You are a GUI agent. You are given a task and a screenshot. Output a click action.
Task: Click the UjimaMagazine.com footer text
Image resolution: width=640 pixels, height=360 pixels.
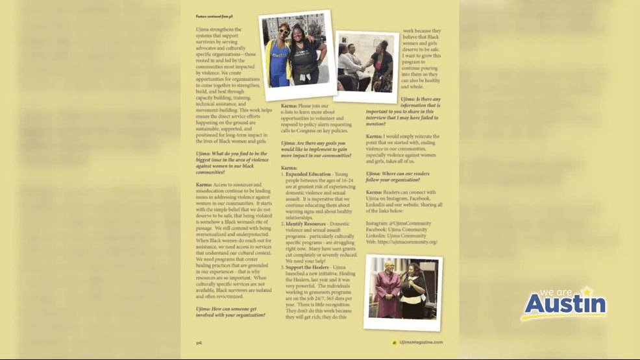(421, 342)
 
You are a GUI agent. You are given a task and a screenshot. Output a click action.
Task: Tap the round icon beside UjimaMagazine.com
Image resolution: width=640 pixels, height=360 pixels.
(394, 342)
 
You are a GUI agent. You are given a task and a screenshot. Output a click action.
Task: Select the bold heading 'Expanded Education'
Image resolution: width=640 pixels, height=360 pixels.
(310, 174)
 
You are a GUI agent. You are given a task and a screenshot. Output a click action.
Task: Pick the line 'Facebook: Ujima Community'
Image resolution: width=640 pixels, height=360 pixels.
(397, 229)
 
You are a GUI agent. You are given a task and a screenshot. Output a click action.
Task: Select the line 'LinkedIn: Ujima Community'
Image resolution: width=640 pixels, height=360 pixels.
(396, 235)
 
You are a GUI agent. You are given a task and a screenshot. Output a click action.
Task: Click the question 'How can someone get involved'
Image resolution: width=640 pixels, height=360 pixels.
(230, 312)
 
